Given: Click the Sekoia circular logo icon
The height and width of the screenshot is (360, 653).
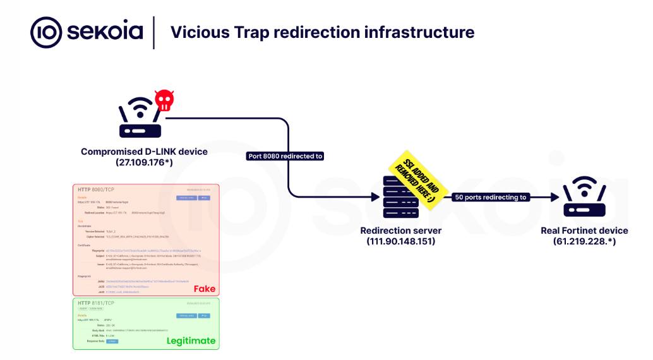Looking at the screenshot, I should [x=46, y=32].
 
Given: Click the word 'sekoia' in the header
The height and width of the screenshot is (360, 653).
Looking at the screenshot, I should [x=105, y=32].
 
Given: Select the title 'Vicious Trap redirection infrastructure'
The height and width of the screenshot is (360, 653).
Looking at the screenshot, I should [x=322, y=32].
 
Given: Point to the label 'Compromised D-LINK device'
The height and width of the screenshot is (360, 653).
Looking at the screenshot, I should [x=144, y=152].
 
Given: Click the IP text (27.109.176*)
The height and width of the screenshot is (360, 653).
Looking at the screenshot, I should [x=144, y=162].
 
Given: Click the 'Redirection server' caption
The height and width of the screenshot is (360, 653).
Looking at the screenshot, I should [x=400, y=231].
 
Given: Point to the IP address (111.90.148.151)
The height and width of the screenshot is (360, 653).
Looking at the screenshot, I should [x=400, y=241].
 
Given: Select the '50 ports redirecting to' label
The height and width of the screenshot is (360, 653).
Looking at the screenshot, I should [x=491, y=197].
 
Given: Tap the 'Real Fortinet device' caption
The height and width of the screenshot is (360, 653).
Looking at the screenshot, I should [x=584, y=231].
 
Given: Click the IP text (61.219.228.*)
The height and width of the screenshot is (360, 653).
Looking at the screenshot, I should [x=584, y=241].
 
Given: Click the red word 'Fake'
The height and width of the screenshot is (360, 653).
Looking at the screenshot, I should [x=204, y=289].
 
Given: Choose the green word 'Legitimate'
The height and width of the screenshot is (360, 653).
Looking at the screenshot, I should [x=191, y=341].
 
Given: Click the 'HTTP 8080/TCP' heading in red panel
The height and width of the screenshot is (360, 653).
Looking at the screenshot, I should [x=95, y=189].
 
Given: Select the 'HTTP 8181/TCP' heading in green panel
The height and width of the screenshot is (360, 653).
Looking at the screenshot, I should [x=95, y=304].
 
